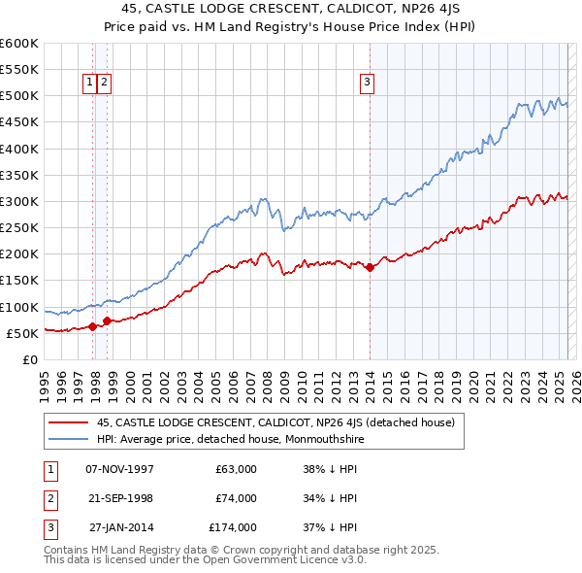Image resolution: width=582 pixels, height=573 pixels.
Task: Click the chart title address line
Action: tap(291, 11)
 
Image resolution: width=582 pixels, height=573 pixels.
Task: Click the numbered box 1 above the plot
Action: tap(89, 84)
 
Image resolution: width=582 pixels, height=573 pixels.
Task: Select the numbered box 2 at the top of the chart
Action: tap(104, 84)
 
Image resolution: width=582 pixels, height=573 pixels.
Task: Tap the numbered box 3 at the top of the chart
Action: tap(368, 84)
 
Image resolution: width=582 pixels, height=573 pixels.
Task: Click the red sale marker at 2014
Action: tap(371, 268)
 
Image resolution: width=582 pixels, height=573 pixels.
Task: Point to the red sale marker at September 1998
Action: tap(106, 320)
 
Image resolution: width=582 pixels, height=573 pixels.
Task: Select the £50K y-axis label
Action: tap(22, 333)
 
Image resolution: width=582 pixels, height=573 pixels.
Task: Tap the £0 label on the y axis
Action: tap(29, 359)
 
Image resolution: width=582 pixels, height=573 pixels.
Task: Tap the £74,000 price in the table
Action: tap(236, 498)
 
